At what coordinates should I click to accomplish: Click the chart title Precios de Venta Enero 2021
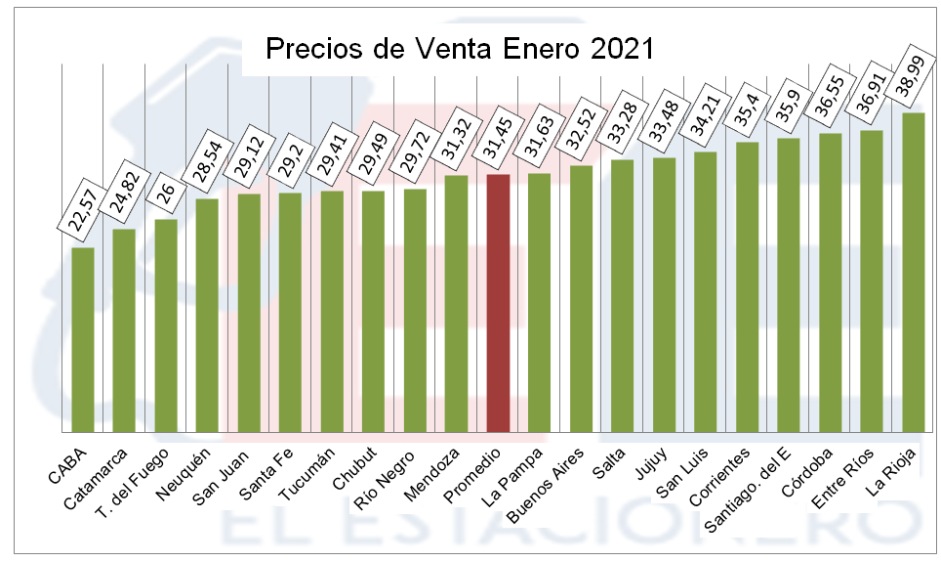pos(460,50)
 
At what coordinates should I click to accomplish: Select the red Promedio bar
pos(498,303)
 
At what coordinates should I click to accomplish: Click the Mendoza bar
pos(457,303)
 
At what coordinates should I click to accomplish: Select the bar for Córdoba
pos(831,282)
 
